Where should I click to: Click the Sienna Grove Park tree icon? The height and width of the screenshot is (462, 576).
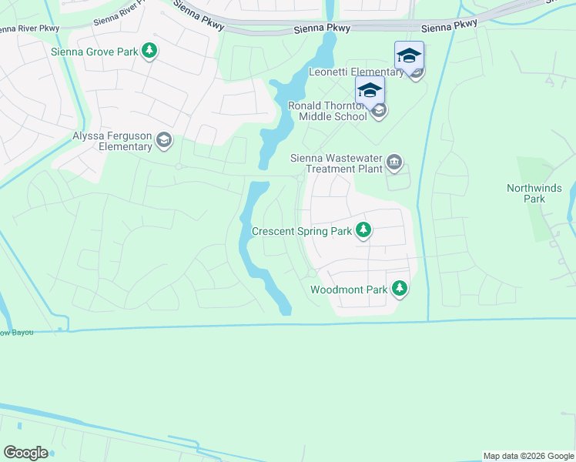(150, 52)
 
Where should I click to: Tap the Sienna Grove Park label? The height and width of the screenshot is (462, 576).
(94, 52)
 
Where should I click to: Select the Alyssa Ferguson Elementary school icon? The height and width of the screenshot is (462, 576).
(163, 140)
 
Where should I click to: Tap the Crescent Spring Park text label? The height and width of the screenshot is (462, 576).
(302, 231)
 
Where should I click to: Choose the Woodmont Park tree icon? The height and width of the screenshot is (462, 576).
(399, 289)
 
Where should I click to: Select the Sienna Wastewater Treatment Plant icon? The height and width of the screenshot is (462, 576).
(395, 162)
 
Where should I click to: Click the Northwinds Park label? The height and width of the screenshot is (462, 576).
(534, 193)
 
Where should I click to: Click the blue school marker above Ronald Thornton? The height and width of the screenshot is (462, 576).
(370, 90)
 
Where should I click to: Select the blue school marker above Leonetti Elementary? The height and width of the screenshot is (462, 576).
(409, 55)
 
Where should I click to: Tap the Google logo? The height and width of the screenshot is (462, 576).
(25, 453)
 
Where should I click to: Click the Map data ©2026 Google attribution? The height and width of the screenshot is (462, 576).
(528, 456)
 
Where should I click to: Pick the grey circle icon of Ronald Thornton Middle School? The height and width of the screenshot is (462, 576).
(378, 111)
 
